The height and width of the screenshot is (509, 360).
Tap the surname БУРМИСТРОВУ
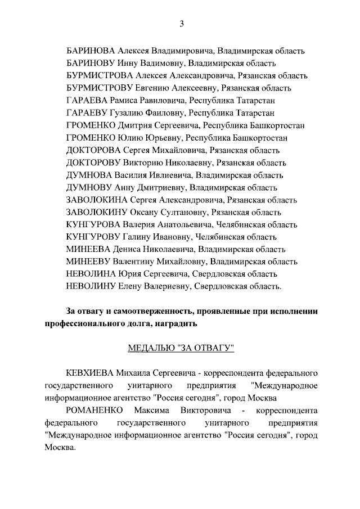[100, 88]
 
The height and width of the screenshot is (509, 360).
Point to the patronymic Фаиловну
[162, 112]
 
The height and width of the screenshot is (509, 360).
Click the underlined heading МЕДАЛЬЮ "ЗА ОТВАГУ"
[181, 348]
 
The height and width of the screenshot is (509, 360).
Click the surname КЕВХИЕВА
[89, 373]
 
